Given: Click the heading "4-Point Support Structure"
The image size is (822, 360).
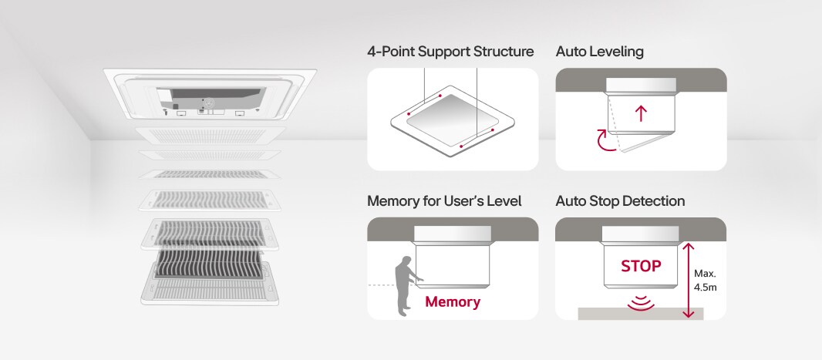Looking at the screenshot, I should coord(450,52).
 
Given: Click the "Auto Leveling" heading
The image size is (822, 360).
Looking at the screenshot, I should coord(599,52).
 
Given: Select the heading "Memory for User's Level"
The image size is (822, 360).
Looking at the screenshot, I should coord(444,201).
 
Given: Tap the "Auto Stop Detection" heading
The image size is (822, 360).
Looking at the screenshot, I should coord(620,201).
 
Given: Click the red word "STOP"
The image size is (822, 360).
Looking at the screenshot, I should coord(641,266).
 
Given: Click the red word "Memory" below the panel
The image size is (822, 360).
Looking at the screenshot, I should coord(452,301).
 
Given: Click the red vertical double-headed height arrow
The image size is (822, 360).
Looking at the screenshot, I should coord(689,279).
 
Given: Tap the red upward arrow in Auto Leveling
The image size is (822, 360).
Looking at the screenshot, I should coord(640,114).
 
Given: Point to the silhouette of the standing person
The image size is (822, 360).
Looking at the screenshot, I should coord(404,285).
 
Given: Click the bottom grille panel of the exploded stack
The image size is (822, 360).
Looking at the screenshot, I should coord(207,288).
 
